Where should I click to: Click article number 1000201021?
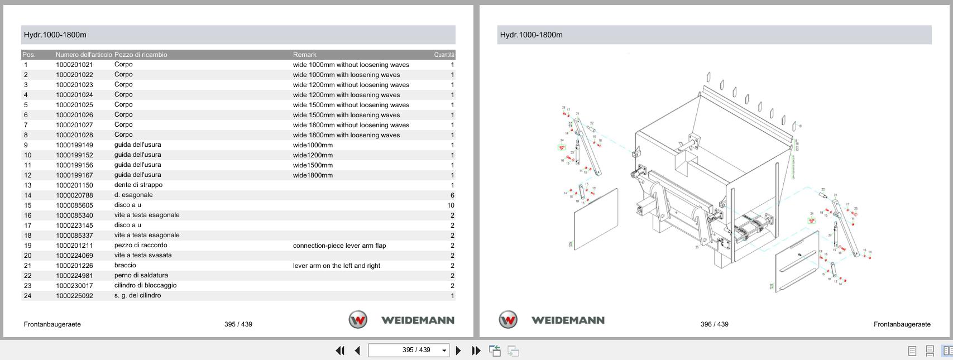coord(74,65)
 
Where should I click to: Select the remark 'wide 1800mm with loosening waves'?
coord(346,135)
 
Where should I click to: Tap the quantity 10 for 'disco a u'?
coord(450,205)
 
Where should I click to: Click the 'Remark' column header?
coord(304,55)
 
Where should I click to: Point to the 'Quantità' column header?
coord(444,55)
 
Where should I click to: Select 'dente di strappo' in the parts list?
coord(138,185)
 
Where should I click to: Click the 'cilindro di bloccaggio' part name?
coord(145,285)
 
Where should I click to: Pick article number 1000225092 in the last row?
coord(74,296)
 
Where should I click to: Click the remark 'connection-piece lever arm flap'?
coord(339,246)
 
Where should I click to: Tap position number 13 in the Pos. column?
coord(27,185)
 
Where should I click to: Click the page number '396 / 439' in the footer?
coord(714,324)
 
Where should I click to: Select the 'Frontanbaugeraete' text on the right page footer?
coord(902,324)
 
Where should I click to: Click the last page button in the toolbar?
coord(476,351)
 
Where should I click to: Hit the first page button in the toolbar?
coord(339,351)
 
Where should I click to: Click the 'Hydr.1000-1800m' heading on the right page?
coord(531,35)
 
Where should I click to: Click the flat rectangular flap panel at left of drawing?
coord(596,219)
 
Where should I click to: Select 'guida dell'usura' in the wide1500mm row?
coord(137,165)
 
